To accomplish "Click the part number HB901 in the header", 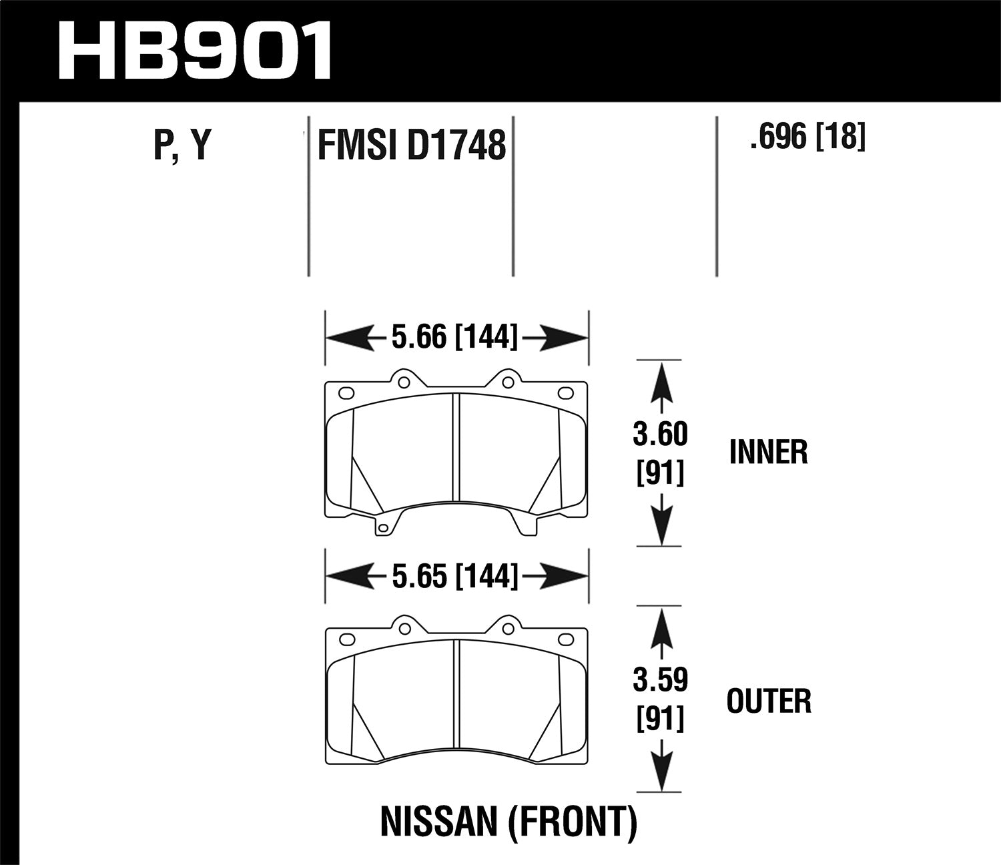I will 195,51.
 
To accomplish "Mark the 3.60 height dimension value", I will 660,435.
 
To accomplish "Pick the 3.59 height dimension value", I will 660,681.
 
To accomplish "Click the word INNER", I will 768,453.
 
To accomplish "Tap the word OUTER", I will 769,701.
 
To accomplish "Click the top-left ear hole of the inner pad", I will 403,382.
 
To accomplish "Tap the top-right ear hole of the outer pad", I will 508,628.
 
